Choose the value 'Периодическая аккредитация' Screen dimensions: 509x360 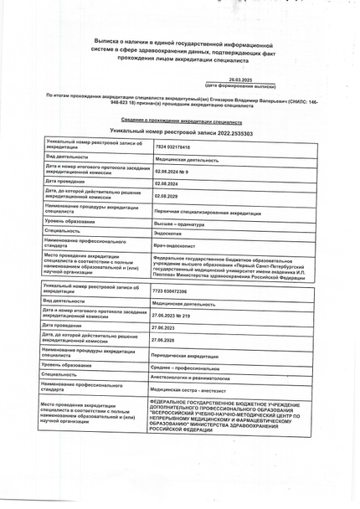[185, 357]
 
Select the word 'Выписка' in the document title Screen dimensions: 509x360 [107, 39]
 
